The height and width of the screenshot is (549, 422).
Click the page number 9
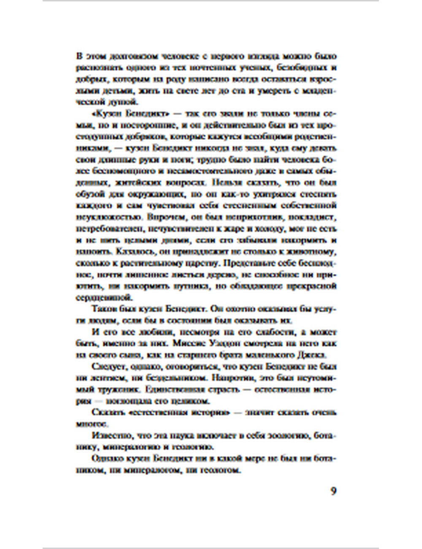(x=333, y=491)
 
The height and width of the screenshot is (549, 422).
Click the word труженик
(x=118, y=389)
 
